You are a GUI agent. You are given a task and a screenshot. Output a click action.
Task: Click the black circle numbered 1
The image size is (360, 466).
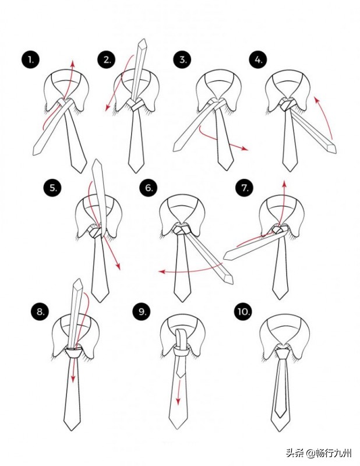coord(30,60)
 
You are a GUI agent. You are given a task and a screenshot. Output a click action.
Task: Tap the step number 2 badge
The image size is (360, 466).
coord(107,60)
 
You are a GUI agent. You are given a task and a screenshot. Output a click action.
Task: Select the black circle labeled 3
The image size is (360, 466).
coord(182,60)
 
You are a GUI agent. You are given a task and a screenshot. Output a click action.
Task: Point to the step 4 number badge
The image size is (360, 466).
coord(258,60)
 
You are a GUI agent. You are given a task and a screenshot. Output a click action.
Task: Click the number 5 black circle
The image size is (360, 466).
coord(52,188)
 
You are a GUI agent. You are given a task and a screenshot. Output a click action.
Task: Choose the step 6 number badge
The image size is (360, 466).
coord(149,188)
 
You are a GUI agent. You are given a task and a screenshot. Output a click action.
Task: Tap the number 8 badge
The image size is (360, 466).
coord(40,312)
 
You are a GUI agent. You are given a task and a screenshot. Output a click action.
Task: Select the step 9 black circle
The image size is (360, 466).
coord(142,312)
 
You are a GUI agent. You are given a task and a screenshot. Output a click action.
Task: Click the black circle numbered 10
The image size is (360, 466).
coord(243,312)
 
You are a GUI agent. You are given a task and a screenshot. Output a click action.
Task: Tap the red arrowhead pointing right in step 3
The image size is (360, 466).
coord(245,149)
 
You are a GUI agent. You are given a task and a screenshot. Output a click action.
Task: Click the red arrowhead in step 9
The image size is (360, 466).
coord(178,402)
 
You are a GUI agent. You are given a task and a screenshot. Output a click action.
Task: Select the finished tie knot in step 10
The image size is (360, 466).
coord(281,353)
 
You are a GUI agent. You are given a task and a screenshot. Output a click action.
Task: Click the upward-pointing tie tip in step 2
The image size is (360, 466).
coord(143,42)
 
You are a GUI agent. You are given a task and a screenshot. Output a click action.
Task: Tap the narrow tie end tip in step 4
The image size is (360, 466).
coord(332,149)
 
